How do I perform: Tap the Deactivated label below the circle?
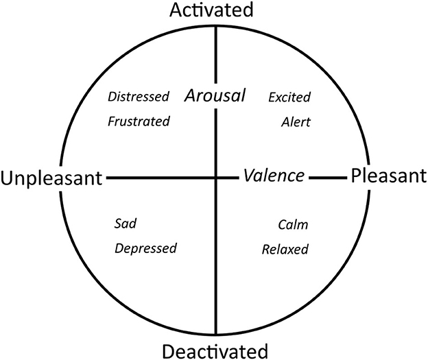click(x=215, y=352)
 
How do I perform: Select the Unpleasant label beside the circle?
click(x=52, y=178)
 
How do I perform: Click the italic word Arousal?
click(x=215, y=96)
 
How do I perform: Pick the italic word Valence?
click(x=274, y=176)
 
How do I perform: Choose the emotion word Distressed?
click(x=139, y=97)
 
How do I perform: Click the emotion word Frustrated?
click(x=139, y=121)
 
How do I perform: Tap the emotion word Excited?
click(x=289, y=97)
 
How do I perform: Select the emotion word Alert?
click(x=296, y=122)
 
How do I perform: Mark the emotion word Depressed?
click(x=145, y=248)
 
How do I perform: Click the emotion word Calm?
click(x=293, y=224)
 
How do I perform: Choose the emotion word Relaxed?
click(x=285, y=248)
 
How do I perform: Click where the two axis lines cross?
click(x=217, y=178)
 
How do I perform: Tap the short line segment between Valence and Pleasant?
click(x=327, y=178)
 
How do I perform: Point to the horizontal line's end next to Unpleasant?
click(x=108, y=178)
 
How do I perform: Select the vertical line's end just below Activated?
click(x=217, y=26)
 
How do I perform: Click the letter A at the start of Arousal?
click(x=191, y=96)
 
